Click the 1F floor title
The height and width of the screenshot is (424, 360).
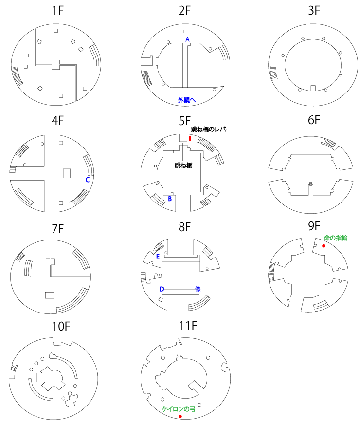coord(58,11)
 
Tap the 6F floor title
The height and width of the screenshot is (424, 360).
coord(314,120)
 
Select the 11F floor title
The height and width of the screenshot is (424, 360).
coord(188,326)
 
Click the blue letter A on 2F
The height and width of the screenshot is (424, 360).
coord(187,39)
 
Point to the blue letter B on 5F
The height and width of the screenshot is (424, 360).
coord(170,199)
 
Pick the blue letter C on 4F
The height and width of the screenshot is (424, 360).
coord(87,180)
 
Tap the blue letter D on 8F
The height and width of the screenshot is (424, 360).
coord(162,289)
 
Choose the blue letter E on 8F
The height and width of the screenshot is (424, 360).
coord(158,257)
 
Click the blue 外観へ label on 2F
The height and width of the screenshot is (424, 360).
coord(187,100)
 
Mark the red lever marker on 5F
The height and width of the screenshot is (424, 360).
coord(190,138)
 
